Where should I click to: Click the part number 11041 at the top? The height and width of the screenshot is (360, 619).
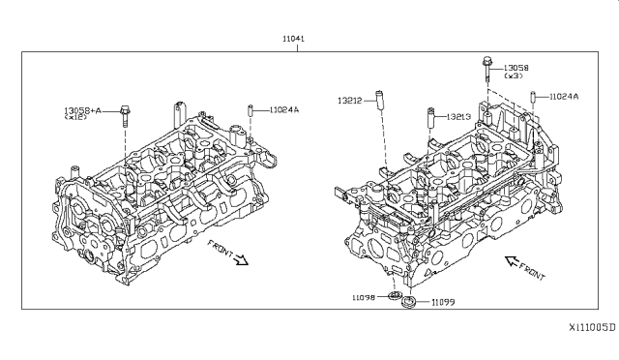coord(293,39)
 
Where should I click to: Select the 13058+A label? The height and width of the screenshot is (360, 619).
coord(82,110)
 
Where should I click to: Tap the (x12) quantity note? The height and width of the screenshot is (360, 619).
coord(75,117)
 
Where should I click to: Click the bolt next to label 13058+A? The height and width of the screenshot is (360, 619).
coord(125,116)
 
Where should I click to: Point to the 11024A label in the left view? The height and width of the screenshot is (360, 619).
coord(284,110)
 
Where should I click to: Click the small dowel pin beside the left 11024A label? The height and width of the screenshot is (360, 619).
coord(250,110)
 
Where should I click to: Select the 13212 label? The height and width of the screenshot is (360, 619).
coord(349,101)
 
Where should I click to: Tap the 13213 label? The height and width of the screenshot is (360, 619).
coord(458,116)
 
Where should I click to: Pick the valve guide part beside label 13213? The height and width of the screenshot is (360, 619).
coord(430,117)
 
